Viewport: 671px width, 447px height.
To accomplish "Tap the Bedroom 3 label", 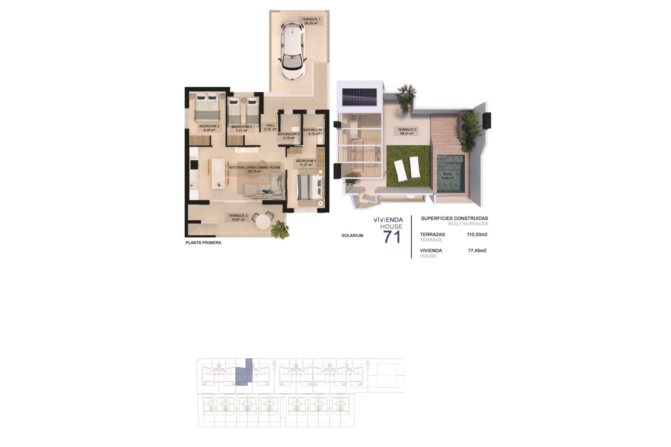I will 209,128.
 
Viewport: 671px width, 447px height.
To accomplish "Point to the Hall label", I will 270,127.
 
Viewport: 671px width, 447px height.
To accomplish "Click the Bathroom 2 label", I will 289,136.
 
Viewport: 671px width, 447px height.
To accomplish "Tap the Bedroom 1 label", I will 306,163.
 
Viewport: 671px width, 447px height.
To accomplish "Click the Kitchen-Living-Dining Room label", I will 254,169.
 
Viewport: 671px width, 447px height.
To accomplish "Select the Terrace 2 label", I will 238,218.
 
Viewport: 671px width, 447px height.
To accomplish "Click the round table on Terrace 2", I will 264,221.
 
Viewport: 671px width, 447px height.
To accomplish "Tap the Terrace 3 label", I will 407,131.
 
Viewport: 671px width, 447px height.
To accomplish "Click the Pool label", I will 448,176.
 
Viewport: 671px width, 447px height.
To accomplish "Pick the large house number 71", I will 392,237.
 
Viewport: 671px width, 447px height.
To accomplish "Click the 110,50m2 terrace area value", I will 477,235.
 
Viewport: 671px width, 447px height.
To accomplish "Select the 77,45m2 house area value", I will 477,250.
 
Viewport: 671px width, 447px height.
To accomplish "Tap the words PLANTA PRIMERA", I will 203,243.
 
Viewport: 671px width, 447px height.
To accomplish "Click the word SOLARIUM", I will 352,236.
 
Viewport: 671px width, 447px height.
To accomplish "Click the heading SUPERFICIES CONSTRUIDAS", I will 454,218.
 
